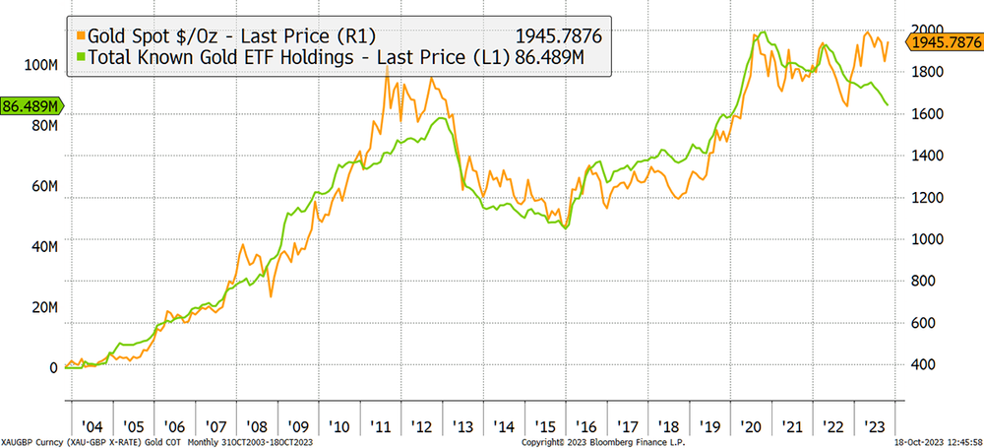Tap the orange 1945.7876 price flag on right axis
[947, 42]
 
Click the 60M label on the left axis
[44, 186]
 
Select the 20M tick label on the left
[44, 307]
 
